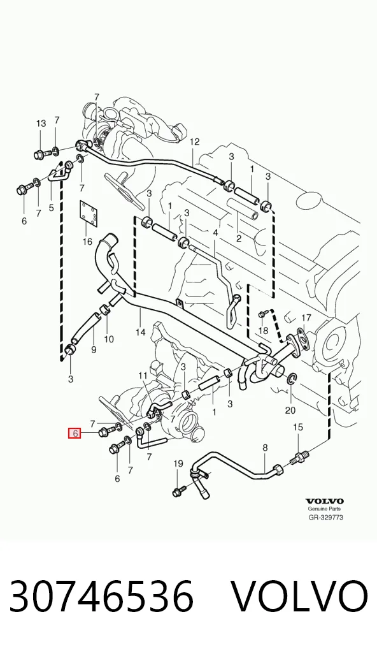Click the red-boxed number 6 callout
coord(75,434)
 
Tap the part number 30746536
coord(101,597)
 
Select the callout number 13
coord(41,123)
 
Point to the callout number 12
coord(195,142)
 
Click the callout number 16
coord(87,240)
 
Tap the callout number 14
coord(141,332)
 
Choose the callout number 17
coord(306,318)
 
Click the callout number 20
coord(290,410)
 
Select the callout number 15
coord(298,427)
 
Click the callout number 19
coord(178,463)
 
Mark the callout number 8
coord(265,448)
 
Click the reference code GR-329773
coord(325,517)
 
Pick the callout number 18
coord(263,331)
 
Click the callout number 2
coord(239,238)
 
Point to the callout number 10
coord(109,339)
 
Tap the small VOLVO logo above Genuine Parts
coord(325,501)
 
